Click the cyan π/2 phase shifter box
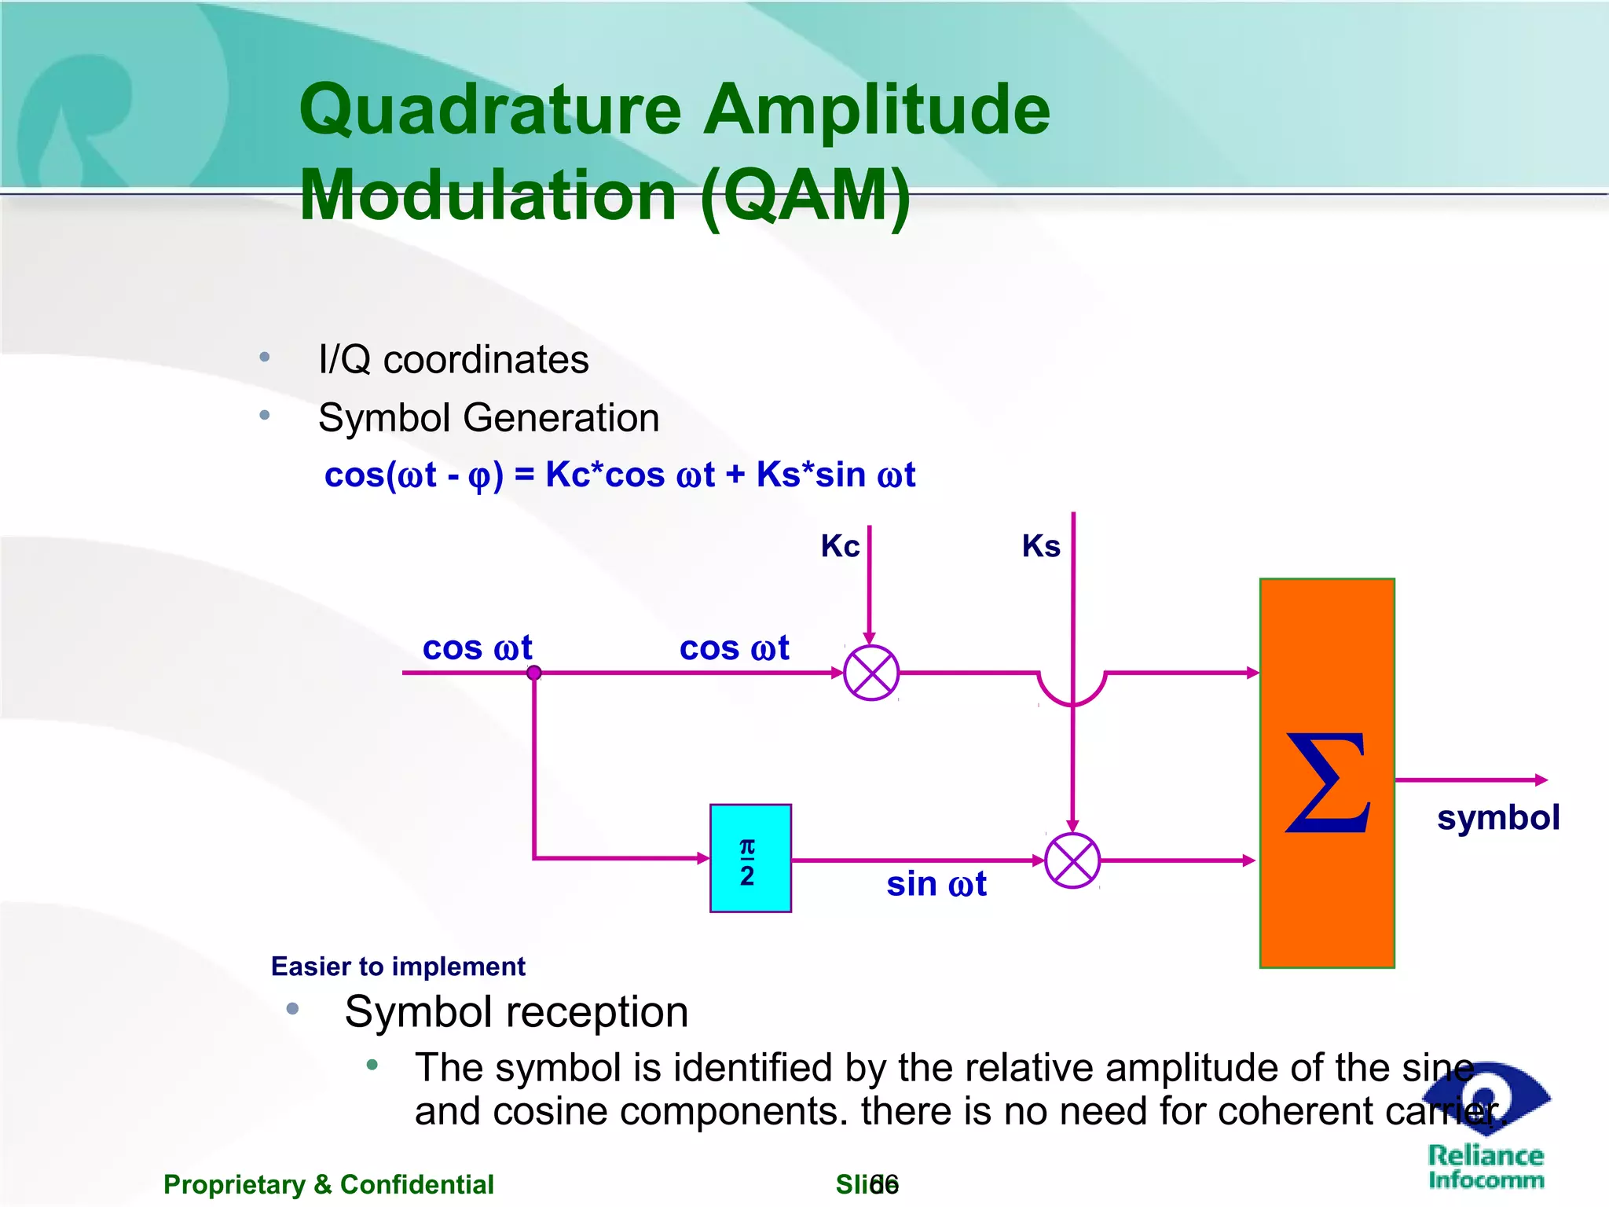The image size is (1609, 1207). click(x=750, y=858)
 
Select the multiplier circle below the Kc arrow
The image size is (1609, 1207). click(x=871, y=673)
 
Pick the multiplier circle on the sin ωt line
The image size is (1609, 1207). click(x=1072, y=861)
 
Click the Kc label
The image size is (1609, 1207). click(x=839, y=546)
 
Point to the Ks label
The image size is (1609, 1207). click(x=1041, y=546)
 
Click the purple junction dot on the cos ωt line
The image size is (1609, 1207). click(x=534, y=673)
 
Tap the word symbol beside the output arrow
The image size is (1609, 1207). click(x=1497, y=818)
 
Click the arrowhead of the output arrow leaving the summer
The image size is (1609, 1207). click(x=1541, y=780)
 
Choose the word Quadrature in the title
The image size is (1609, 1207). click(x=490, y=110)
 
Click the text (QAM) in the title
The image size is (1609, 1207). click(x=805, y=196)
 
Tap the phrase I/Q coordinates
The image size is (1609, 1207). click(x=453, y=360)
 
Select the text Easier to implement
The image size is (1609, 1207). click(x=398, y=967)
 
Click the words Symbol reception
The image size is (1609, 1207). click(x=516, y=1012)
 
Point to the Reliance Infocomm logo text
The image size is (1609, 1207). click(x=1486, y=1167)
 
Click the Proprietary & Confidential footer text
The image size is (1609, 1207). click(x=328, y=1184)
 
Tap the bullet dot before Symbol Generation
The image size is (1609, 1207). click(x=265, y=415)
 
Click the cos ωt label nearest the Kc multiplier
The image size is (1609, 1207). click(x=734, y=649)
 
